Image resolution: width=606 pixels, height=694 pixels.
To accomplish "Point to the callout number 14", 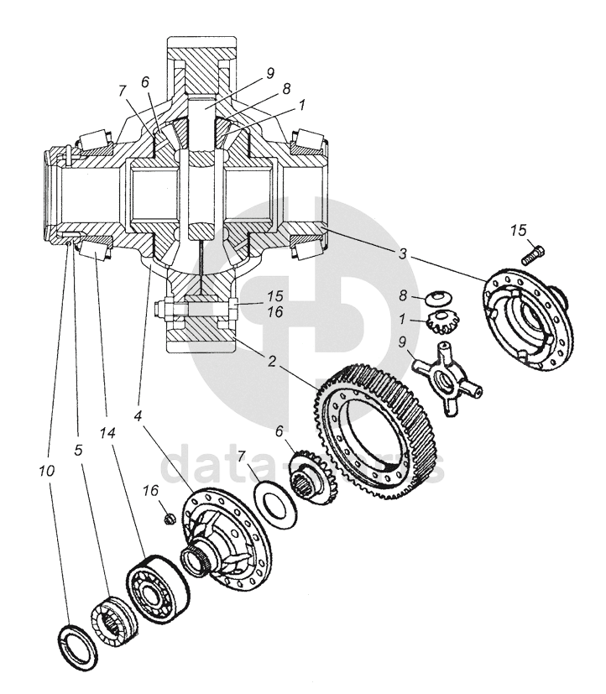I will click(106, 434).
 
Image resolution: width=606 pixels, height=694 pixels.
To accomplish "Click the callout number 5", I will click(77, 450).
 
